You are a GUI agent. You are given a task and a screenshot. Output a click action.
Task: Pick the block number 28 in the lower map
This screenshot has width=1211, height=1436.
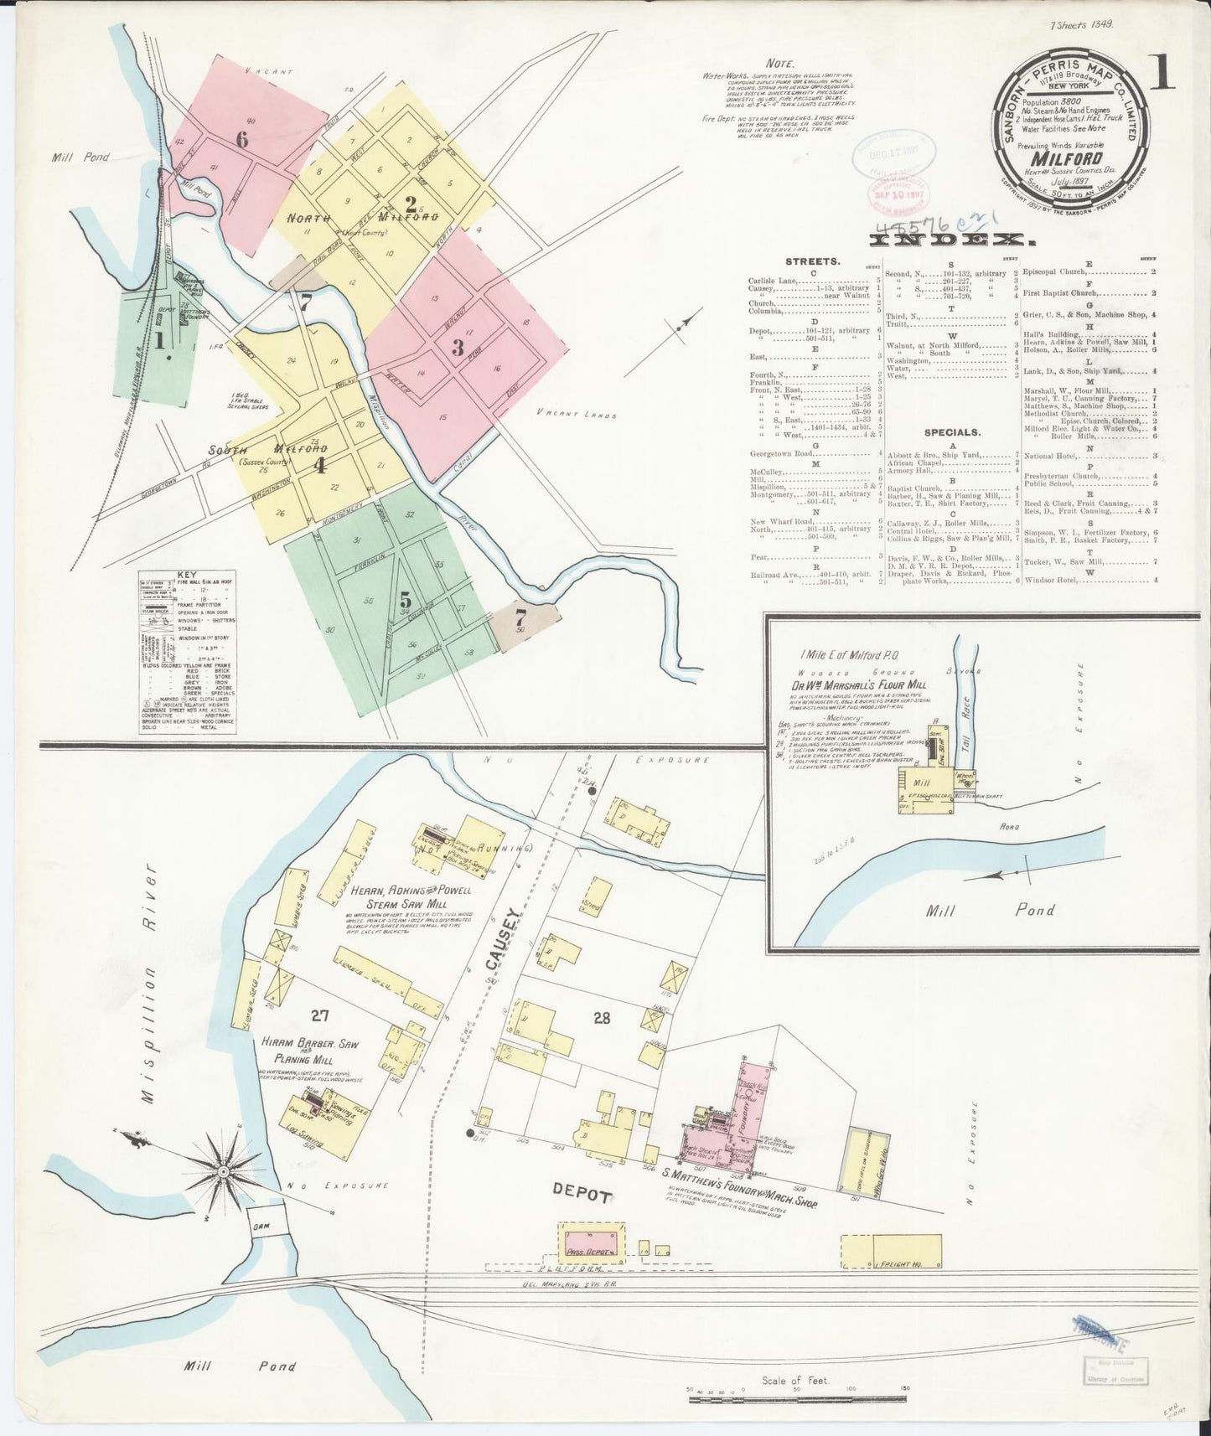tap(602, 1018)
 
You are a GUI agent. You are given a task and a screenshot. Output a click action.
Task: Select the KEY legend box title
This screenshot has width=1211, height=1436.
tap(186, 576)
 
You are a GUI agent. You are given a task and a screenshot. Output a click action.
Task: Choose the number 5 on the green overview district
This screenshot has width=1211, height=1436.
tap(405, 599)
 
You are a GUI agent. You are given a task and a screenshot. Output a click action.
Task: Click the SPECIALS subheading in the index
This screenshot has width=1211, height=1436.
tap(954, 433)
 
